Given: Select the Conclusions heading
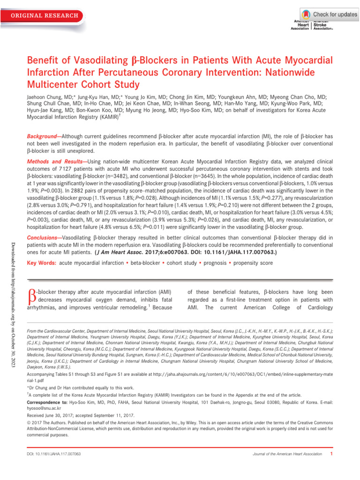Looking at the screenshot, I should [x=44, y=237].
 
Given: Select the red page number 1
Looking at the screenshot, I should [x=332, y=454].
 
